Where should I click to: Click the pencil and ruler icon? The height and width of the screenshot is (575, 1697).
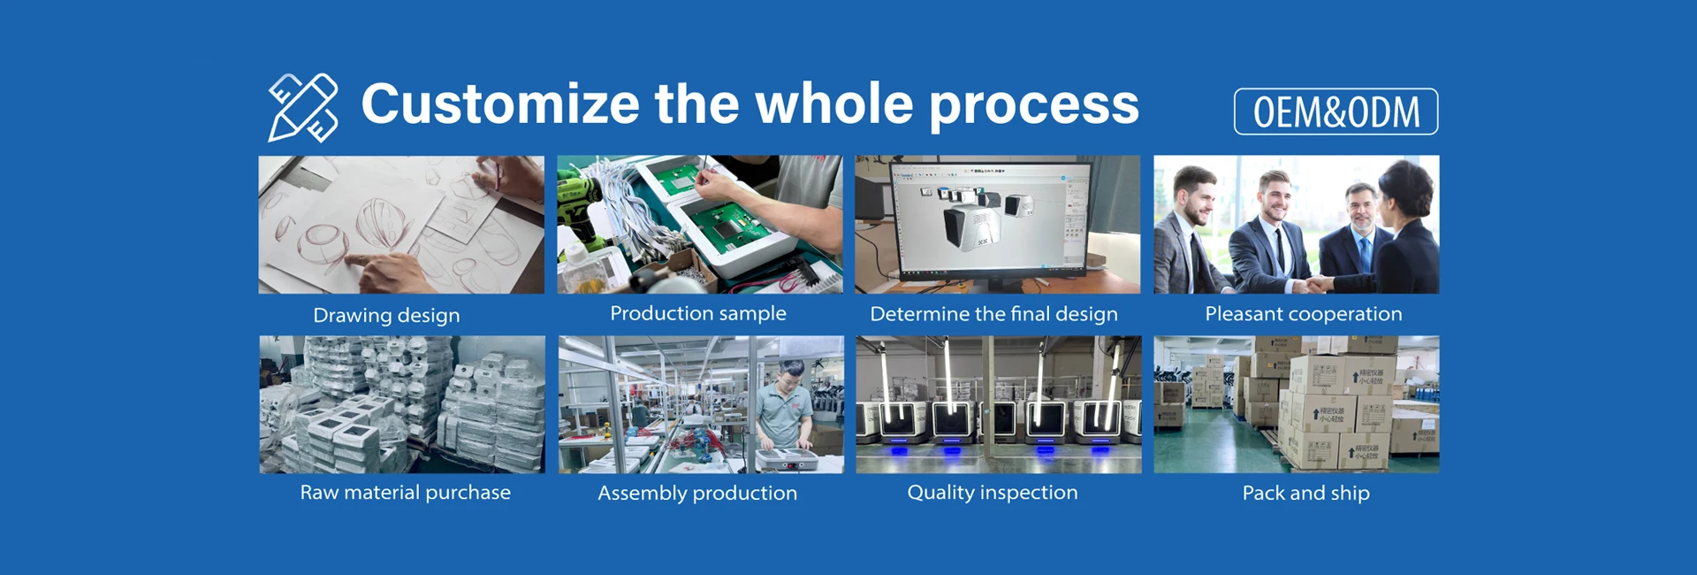(302, 107)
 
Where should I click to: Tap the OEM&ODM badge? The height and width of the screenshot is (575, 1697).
(1336, 111)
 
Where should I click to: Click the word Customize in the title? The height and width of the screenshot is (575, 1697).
(500, 103)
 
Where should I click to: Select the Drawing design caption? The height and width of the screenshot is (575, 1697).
(386, 315)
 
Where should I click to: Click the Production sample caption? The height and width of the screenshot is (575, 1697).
(698, 313)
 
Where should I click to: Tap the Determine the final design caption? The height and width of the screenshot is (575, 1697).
(993, 314)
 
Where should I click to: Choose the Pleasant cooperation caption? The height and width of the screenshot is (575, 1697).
(1304, 314)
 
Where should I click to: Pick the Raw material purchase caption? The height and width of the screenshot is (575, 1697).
(405, 493)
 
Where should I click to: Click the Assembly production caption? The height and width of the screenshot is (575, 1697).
(697, 493)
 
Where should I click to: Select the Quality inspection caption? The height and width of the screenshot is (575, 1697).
(993, 493)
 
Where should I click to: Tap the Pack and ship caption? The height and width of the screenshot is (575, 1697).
(1305, 493)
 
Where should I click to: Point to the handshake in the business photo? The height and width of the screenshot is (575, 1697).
(1318, 283)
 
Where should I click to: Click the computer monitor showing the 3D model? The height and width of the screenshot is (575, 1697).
(991, 221)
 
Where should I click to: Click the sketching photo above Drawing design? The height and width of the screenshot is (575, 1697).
(401, 225)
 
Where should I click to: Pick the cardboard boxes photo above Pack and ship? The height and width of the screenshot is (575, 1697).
(1297, 404)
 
